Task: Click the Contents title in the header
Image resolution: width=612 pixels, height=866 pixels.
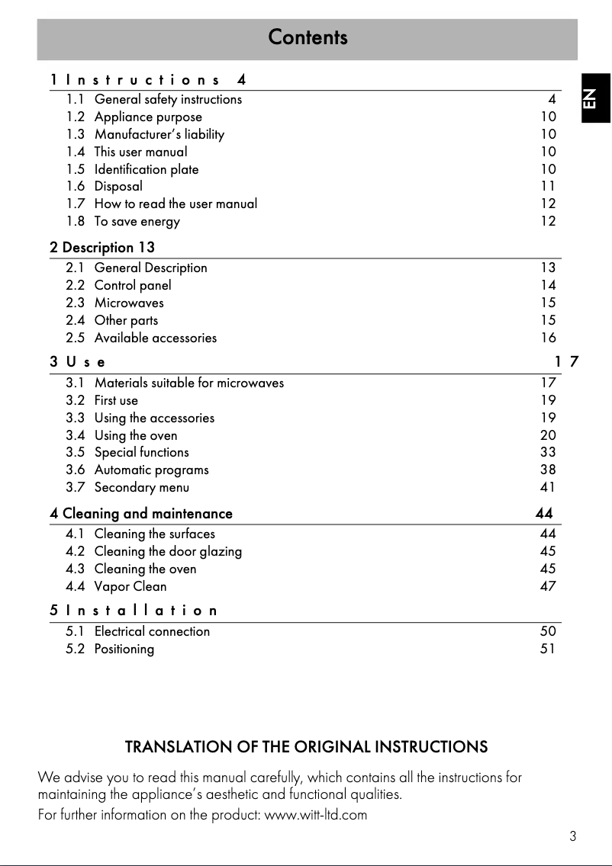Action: [x=308, y=37]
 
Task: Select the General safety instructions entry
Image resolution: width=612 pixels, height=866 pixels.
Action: [x=168, y=99]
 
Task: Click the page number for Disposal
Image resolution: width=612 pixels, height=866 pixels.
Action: [x=548, y=186]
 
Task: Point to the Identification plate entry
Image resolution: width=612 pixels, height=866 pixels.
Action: [x=146, y=169]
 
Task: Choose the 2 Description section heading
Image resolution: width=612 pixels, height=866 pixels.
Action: [x=102, y=247]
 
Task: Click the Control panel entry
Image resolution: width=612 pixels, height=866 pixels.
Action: [x=133, y=285]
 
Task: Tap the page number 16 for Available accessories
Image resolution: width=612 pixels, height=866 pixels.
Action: [x=548, y=338]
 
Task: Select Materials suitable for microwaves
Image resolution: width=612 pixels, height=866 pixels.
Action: [x=188, y=383]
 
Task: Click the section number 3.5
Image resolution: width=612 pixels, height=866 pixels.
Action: [x=76, y=452]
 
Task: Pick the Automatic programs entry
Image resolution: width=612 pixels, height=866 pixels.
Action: [x=151, y=470]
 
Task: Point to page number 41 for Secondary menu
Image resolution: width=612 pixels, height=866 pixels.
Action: [x=548, y=487]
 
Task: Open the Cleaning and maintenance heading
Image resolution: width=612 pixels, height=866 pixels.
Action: [x=141, y=514]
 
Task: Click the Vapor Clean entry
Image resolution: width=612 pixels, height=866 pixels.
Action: [x=130, y=586]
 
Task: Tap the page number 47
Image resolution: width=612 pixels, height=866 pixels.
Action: [x=548, y=586]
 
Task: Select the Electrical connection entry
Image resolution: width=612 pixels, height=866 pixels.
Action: [x=152, y=631]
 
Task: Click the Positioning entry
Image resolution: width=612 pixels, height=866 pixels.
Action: [x=124, y=649]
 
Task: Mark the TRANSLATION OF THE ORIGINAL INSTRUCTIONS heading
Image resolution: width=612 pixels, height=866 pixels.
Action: [x=306, y=747]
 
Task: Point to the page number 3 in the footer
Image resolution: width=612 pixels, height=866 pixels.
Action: [x=572, y=836]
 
